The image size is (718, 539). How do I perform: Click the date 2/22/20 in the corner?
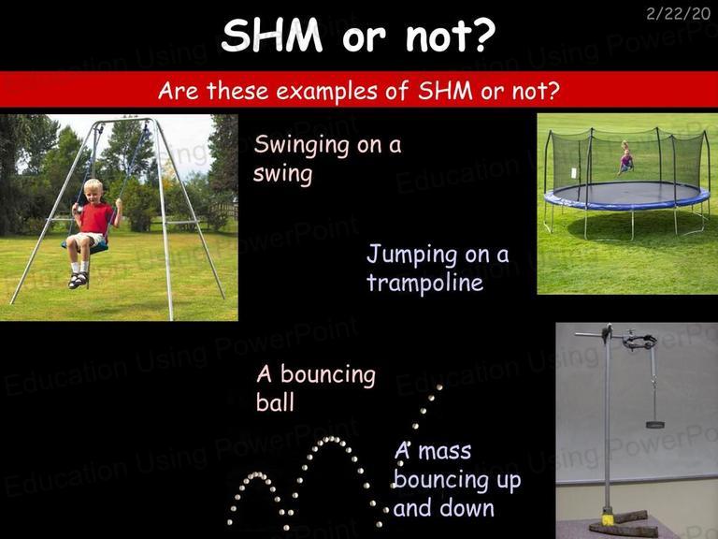[678, 13]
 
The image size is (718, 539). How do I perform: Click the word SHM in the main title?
[272, 36]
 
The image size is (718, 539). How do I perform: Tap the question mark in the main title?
[482, 36]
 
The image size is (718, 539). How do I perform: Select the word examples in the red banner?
[326, 90]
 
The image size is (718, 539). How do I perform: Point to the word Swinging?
[302, 146]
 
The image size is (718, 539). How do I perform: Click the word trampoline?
[425, 283]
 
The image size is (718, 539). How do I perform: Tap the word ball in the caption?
[275, 402]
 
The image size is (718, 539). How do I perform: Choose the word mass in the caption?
[445, 451]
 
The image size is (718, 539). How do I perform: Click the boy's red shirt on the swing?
[95, 218]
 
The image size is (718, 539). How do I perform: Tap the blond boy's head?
[93, 191]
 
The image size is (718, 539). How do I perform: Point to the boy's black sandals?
[78, 280]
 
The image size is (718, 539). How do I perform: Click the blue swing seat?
[87, 248]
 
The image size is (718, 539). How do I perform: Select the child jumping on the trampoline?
[626, 158]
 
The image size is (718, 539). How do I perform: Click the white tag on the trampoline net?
[575, 173]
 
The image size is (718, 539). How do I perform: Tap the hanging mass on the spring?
[654, 425]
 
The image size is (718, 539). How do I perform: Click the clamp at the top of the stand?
[639, 341]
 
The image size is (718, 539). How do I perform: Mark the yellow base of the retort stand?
[607, 519]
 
